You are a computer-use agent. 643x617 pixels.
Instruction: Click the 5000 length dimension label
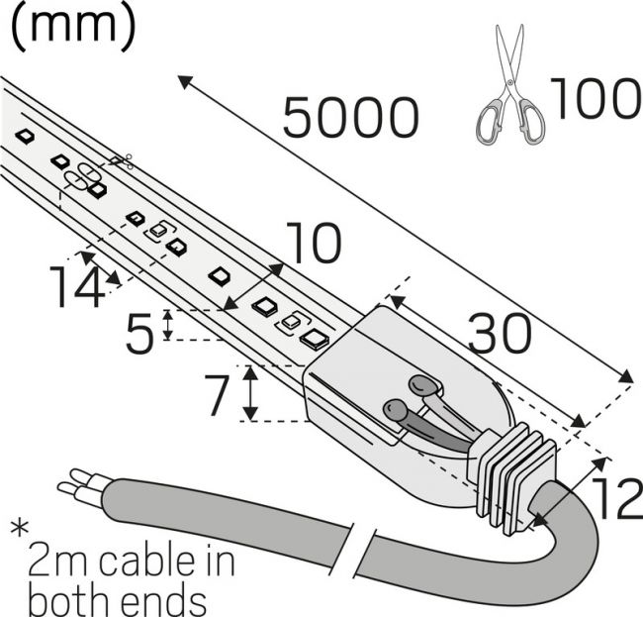coord(351,118)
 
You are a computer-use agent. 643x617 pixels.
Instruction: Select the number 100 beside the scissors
coord(596,98)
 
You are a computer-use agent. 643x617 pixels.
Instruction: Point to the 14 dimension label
coord(77,286)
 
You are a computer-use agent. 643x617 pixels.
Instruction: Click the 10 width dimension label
coord(314,243)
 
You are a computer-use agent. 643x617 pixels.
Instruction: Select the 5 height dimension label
coord(140,333)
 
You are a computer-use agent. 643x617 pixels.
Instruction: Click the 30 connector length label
coord(501,333)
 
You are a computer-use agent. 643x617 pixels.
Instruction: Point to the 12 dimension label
coord(618,497)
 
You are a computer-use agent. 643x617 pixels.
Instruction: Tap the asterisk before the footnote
coord(20,529)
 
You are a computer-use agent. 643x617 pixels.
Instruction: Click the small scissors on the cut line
coord(122,160)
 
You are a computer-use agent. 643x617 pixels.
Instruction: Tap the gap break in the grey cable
coord(362,550)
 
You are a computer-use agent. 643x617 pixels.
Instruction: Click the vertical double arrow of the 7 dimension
coord(250,393)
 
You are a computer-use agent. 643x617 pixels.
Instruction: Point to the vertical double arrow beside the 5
coord(168,325)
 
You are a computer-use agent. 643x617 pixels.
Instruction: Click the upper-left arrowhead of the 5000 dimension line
coord(185,81)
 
